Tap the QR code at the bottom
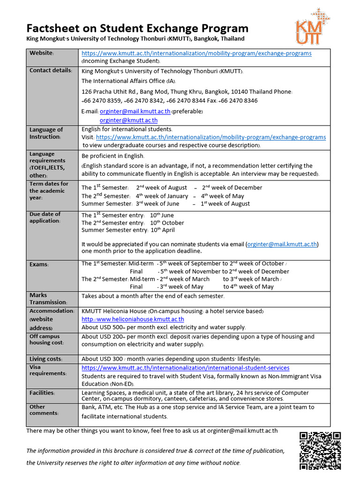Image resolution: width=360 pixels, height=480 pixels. [x=320, y=450]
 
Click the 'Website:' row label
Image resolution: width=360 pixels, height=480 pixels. [x=42, y=53]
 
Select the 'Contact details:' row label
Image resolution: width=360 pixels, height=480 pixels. [x=51, y=70]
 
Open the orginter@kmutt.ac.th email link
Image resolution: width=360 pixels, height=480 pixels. [x=128, y=120]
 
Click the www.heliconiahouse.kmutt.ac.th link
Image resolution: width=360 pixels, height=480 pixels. [x=133, y=319]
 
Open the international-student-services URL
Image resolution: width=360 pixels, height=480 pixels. [x=185, y=368]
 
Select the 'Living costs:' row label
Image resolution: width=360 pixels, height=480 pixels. [x=46, y=359]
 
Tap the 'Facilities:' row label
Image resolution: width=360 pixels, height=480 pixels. [x=42, y=393]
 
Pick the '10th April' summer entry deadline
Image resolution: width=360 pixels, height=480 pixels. [x=162, y=230]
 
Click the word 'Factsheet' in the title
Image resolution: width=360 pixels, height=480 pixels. [x=53, y=28]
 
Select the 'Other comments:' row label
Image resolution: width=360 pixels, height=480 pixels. [x=45, y=410]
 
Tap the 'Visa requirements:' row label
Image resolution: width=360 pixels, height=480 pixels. [x=48, y=370]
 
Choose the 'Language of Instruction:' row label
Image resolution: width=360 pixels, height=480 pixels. [x=46, y=133]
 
